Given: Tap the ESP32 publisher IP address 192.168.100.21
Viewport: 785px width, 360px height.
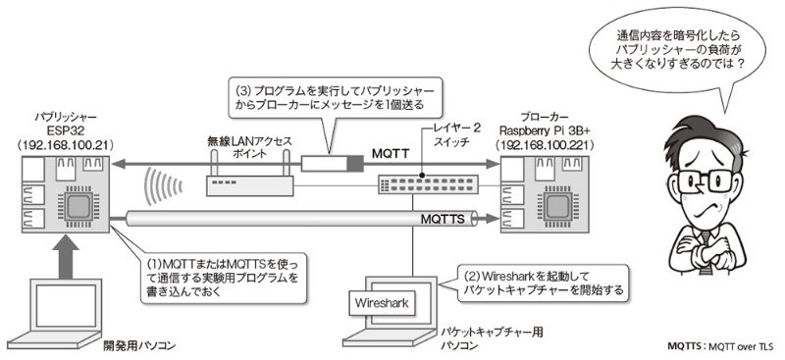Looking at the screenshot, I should [x=65, y=143].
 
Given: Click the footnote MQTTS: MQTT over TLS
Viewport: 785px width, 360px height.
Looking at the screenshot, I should [x=720, y=346].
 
